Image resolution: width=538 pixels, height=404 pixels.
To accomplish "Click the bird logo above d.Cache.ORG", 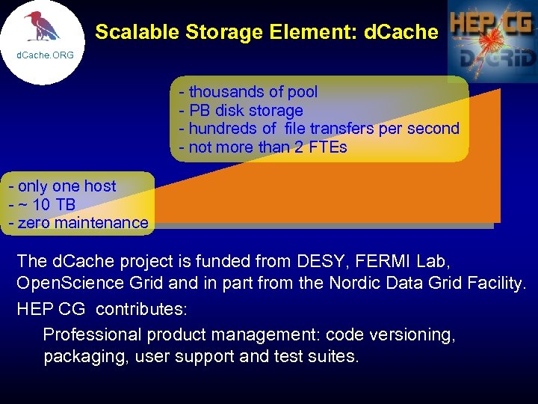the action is (x=42, y=27).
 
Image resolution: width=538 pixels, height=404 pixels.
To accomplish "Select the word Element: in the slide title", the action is (x=315, y=32).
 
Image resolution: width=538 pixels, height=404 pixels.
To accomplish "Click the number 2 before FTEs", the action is (x=298, y=147).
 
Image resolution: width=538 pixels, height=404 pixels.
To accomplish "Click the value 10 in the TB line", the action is (x=43, y=204).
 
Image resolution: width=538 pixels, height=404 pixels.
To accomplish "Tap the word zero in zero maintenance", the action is (x=34, y=223).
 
